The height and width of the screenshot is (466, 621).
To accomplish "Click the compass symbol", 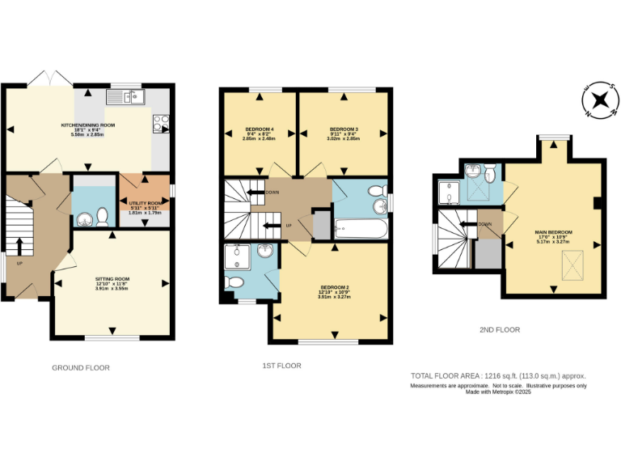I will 600,101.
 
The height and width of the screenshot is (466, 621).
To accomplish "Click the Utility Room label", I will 146,203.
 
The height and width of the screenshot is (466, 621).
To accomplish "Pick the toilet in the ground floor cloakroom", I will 101,216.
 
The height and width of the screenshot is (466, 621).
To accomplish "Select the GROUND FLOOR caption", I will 80,367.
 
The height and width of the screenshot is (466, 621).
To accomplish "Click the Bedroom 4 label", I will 259,129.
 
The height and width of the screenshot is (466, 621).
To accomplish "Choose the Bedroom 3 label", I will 343,129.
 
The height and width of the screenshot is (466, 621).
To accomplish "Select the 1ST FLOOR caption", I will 281,366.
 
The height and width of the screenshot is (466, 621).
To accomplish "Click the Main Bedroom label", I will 554,231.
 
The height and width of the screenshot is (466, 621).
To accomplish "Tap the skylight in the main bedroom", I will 571,262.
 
